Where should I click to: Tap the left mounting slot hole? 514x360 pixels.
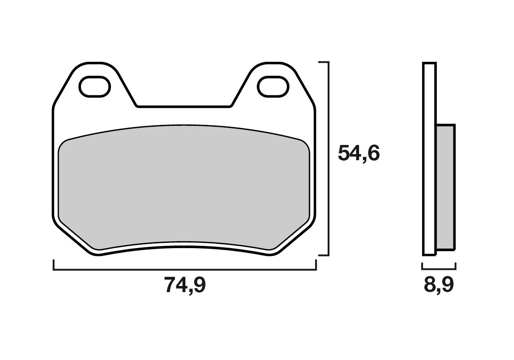click(x=94, y=86)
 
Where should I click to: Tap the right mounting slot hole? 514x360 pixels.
click(x=272, y=86)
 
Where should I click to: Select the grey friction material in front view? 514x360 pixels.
click(x=184, y=187)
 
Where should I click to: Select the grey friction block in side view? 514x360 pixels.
click(x=445, y=188)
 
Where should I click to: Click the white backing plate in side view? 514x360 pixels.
click(x=429, y=159)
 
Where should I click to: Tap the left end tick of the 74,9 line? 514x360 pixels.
click(x=54, y=265)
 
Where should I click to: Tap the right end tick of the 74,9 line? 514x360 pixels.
click(x=316, y=265)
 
